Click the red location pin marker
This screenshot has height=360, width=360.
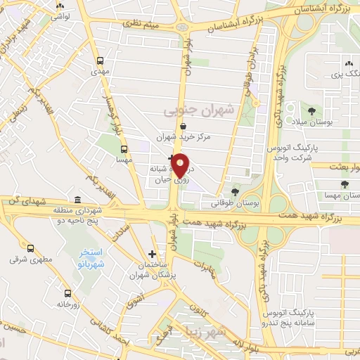[181, 165]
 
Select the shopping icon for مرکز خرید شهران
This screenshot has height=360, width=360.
[183, 126]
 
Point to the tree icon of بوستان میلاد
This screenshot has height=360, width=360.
[311, 111]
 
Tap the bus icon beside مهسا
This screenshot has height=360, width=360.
[124, 149]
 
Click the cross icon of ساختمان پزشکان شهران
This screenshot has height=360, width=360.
[153, 254]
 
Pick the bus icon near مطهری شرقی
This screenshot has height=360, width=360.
[30, 248]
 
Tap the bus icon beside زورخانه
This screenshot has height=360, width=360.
[67, 293]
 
